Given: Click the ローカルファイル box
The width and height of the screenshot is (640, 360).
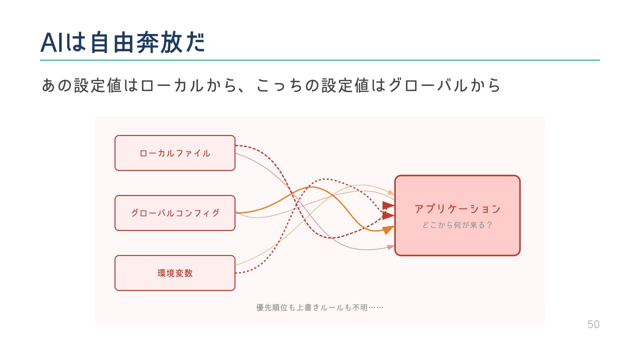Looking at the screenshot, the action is pos(175,153).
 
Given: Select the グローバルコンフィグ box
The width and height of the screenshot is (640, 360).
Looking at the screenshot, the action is pos(175,213).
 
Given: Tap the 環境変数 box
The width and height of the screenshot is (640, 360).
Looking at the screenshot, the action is pos(175,273).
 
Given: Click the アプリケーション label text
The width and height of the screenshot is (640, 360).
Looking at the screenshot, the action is pos(457,209).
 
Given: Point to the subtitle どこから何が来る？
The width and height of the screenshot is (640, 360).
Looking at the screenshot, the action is pos(457,225).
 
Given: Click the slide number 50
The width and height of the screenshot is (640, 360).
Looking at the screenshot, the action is pos(593,324).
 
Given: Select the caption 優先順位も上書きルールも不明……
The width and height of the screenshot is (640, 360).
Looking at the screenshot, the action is pos(320,307).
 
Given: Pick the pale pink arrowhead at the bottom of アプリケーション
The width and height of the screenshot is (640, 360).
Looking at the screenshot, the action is pos(390,247).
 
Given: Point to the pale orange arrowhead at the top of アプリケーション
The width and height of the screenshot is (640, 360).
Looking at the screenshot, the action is pos(391,192).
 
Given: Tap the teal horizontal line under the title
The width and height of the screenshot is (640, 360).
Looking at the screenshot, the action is pos(320,60).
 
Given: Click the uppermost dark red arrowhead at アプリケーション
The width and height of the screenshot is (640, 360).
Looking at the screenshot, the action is pos(388,205).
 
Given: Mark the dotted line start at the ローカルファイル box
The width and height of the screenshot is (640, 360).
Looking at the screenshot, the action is pos(236,146).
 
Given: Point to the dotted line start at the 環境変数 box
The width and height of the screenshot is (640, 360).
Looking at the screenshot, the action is pos(236,273).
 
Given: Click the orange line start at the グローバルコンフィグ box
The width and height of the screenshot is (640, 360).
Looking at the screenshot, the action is pos(237,213).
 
